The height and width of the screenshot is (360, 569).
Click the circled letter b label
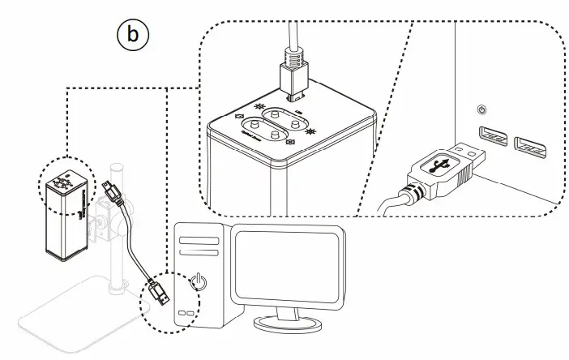[x=133, y=36]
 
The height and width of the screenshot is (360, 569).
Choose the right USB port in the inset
[x=530, y=148]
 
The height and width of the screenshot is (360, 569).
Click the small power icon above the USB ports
[x=483, y=109]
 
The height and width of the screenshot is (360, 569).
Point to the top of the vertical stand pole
[x=118, y=169]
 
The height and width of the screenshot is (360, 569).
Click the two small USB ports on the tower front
[x=187, y=313]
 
